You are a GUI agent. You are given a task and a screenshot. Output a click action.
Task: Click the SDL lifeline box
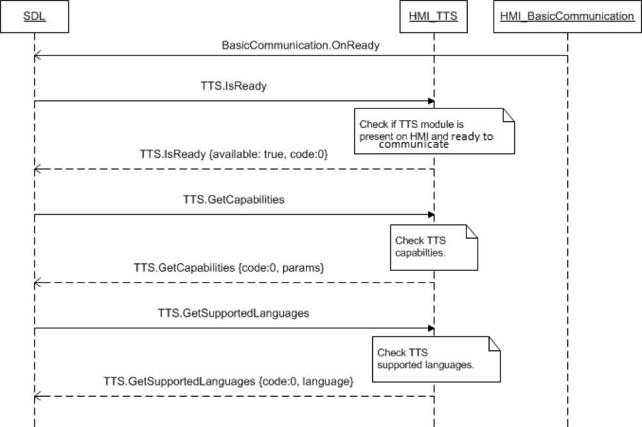(34, 16)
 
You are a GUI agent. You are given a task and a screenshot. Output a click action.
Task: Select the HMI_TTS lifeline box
(433, 16)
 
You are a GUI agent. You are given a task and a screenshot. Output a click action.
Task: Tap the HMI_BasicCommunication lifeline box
(567, 16)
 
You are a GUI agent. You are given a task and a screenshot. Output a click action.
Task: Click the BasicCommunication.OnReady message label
(300, 45)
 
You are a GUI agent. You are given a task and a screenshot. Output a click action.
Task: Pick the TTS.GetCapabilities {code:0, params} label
(229, 268)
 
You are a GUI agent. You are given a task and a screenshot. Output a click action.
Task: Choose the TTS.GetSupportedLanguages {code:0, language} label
(229, 382)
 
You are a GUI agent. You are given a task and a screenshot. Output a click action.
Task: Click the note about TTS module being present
(435, 131)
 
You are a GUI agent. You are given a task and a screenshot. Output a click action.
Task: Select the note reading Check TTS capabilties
(435, 246)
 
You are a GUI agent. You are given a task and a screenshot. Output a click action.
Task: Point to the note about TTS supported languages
(435, 359)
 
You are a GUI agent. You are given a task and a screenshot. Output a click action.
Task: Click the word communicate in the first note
(413, 145)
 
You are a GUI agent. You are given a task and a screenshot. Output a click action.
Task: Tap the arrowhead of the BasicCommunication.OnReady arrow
(37, 56)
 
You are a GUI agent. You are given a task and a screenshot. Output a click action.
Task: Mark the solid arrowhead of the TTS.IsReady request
(431, 101)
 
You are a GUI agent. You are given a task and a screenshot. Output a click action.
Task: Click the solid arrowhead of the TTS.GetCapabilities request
(431, 214)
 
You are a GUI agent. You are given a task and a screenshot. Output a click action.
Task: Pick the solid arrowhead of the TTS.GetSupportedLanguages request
(431, 328)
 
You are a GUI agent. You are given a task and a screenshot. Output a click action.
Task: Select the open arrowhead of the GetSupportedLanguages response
(37, 396)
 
